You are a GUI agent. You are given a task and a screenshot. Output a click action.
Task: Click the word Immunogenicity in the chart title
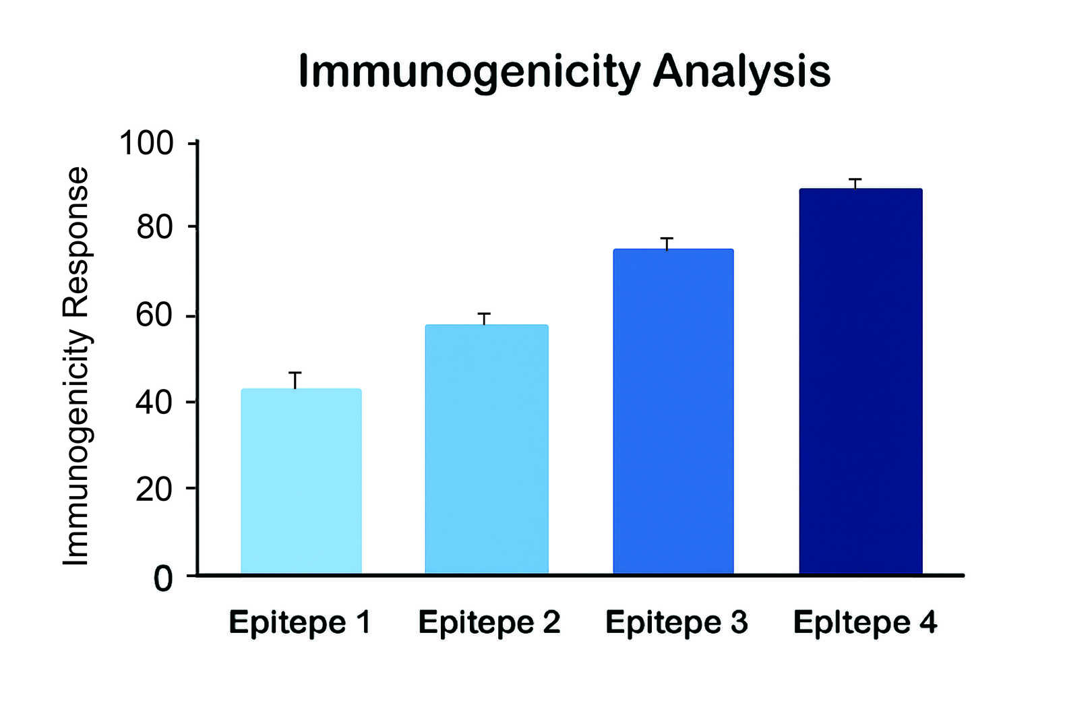point(470,71)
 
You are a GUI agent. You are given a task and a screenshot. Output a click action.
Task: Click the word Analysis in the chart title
point(741,71)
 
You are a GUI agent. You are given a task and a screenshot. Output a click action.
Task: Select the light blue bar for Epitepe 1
point(301,481)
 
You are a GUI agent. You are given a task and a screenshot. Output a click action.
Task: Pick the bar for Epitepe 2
point(487,450)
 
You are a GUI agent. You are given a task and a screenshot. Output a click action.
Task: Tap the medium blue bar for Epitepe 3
point(673,411)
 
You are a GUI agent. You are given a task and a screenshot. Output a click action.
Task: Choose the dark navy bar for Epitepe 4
point(861,382)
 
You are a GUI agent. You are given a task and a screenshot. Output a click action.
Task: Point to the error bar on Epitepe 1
point(295,380)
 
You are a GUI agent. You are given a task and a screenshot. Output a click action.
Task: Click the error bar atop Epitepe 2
point(484,319)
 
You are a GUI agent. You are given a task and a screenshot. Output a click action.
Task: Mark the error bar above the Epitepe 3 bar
point(667,244)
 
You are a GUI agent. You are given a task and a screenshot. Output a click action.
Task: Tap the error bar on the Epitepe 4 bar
point(855,184)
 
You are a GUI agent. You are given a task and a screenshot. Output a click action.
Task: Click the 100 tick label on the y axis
point(146,144)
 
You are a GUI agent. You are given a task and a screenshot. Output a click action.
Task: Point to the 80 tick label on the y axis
point(154,228)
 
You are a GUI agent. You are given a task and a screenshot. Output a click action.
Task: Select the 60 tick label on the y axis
point(154,315)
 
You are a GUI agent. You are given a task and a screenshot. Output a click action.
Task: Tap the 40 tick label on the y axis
point(154,402)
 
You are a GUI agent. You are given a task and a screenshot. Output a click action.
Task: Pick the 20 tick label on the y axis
point(154,489)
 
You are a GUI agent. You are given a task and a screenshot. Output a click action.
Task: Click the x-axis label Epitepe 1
point(300,622)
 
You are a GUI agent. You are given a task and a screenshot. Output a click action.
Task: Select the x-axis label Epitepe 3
point(676,622)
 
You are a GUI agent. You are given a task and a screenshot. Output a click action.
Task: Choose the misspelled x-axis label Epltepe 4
point(865,622)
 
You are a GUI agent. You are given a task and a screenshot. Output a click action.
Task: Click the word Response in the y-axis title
point(76,242)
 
